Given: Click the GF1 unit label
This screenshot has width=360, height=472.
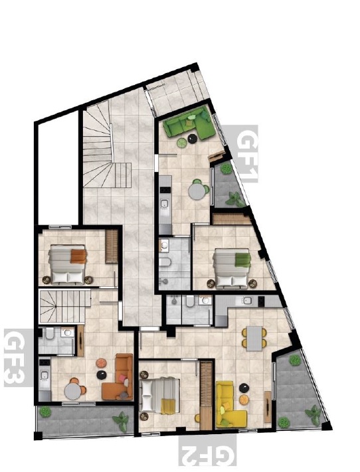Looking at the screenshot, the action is pos(247,154).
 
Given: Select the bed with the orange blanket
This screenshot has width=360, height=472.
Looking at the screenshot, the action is pos(68,264).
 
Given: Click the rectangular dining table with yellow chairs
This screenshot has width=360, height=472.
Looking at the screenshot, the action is pos(254,339).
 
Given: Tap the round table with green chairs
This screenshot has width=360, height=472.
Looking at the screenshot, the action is pos(197,191).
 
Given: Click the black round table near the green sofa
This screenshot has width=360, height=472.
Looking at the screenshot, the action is pos(192,139).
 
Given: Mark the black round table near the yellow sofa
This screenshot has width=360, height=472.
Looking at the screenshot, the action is pos(244,388).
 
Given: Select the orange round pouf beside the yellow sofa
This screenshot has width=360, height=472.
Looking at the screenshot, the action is pos(244,400).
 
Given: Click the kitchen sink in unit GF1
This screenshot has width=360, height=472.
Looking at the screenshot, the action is pos(165,204).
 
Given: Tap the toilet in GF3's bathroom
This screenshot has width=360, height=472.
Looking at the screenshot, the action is pos(50,333).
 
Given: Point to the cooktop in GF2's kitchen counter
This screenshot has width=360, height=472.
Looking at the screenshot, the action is pos(261,300).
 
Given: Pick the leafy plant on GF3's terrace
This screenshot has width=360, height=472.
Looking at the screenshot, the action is pos(121,420).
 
